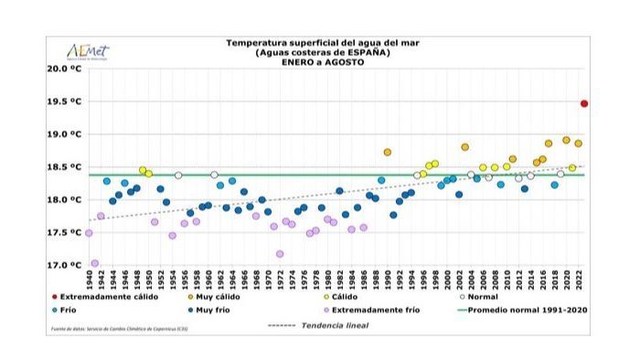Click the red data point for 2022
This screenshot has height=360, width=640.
(584, 104)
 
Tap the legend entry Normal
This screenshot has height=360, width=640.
(485, 297)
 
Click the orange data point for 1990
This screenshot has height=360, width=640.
(388, 153)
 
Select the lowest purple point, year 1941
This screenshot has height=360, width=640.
(95, 263)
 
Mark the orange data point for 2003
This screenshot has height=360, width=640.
(464, 147)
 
